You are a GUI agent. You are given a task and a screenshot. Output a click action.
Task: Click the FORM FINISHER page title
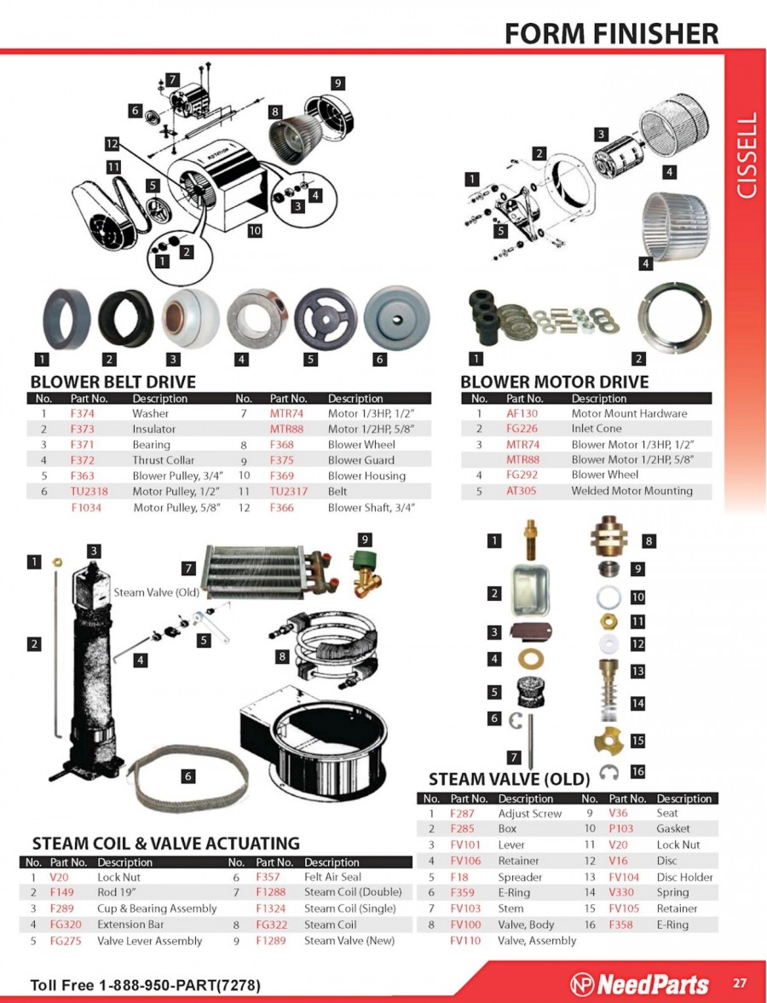click(611, 32)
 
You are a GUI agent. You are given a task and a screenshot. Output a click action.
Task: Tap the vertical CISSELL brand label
click(747, 156)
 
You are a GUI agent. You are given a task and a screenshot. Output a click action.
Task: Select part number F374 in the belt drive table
click(82, 413)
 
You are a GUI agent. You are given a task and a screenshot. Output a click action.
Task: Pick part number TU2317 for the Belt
click(288, 491)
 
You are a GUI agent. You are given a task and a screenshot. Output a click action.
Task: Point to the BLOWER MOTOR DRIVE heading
click(555, 382)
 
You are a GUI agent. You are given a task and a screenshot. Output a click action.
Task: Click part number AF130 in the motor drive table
click(522, 413)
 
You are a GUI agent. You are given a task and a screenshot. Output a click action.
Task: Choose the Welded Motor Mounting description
click(631, 491)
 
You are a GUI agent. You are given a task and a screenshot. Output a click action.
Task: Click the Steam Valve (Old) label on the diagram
click(157, 592)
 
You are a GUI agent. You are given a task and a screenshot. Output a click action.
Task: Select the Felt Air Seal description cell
click(332, 877)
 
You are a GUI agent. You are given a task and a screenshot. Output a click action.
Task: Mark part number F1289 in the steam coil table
click(271, 940)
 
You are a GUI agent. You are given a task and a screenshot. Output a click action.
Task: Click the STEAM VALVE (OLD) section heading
click(509, 779)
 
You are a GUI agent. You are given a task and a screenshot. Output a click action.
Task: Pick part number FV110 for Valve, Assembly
click(465, 940)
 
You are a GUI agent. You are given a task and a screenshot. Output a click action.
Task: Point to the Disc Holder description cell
click(684, 877)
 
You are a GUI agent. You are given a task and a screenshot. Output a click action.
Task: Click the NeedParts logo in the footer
click(640, 983)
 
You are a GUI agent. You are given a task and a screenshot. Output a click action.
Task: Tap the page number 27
click(740, 983)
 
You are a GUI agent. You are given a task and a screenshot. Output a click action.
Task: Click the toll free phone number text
click(145, 985)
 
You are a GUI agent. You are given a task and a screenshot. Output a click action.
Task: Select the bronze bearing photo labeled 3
click(190, 319)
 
